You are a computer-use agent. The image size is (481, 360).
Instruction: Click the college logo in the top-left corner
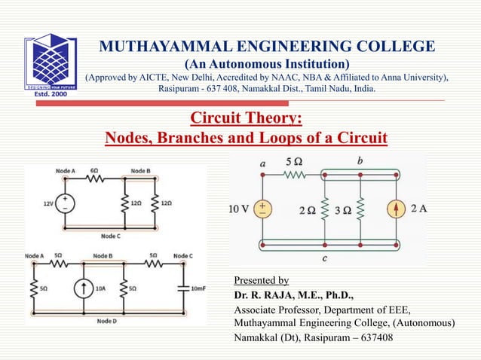tap(51, 64)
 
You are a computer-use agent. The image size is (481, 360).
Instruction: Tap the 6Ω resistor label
tap(94, 171)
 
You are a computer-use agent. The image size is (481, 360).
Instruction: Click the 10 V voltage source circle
tap(262, 209)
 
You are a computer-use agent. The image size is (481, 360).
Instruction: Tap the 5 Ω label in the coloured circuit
tap(294, 162)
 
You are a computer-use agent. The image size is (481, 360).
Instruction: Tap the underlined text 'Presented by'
tap(262, 280)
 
